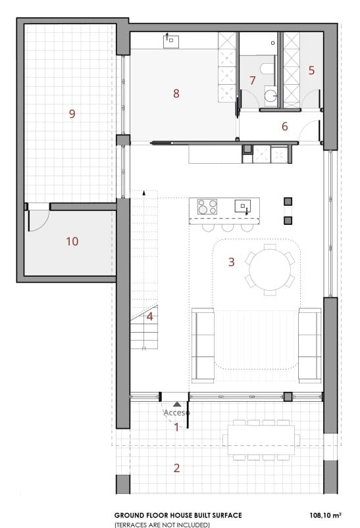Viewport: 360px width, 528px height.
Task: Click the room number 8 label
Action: pos(176,93)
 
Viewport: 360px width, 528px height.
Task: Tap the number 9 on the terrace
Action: pos(72,114)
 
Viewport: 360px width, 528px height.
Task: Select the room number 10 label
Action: pos(72,241)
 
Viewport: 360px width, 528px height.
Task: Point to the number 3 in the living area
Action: pos(231,262)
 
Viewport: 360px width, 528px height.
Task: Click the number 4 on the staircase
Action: pos(150,316)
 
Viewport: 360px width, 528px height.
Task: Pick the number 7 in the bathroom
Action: pos(252,80)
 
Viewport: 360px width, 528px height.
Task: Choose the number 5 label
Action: pos(311,69)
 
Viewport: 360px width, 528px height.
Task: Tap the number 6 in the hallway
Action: pos(285,126)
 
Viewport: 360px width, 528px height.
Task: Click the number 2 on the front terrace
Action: pos(176,468)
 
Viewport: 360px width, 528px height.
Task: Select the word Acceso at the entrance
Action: pos(176,412)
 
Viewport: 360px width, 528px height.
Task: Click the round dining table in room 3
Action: pos(270,267)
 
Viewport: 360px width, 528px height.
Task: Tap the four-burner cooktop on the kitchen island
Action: pos(208,206)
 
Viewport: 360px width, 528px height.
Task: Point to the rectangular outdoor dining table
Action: pos(261,439)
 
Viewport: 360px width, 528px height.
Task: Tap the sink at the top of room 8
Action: pos(171,41)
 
